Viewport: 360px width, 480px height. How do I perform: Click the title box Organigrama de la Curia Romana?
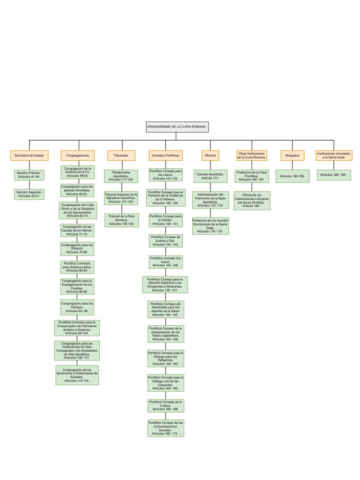click(177, 127)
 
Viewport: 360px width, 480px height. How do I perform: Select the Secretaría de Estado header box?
click(29, 155)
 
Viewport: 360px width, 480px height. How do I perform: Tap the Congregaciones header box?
click(78, 155)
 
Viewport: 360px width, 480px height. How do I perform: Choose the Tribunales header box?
click(121, 155)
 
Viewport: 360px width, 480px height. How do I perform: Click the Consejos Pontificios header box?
click(165, 155)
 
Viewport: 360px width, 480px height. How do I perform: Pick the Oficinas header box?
click(210, 155)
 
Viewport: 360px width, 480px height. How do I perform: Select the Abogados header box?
click(292, 155)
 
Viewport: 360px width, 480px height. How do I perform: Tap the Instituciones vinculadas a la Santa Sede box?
click(333, 155)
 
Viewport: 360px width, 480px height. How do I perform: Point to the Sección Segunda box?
click(29, 194)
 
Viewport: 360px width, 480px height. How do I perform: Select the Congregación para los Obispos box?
click(77, 248)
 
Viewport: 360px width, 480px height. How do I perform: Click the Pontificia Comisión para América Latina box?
click(77, 267)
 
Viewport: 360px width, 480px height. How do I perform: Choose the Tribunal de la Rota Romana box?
click(121, 220)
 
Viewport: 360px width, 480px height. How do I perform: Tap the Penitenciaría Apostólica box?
click(121, 176)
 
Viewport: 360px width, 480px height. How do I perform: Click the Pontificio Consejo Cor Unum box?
click(165, 262)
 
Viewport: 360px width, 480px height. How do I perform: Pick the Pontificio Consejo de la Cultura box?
click(165, 405)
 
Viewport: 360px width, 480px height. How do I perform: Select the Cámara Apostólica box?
click(210, 176)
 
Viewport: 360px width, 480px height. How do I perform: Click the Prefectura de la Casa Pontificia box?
click(252, 176)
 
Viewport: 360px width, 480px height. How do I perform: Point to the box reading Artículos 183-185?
click(292, 176)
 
